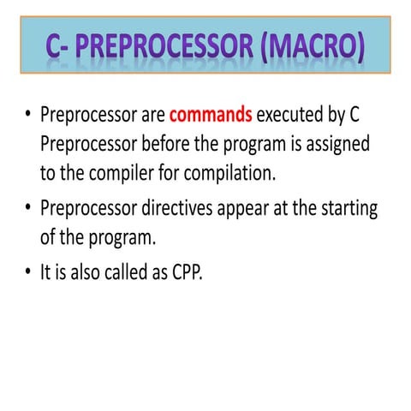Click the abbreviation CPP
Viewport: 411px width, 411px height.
(188, 274)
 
